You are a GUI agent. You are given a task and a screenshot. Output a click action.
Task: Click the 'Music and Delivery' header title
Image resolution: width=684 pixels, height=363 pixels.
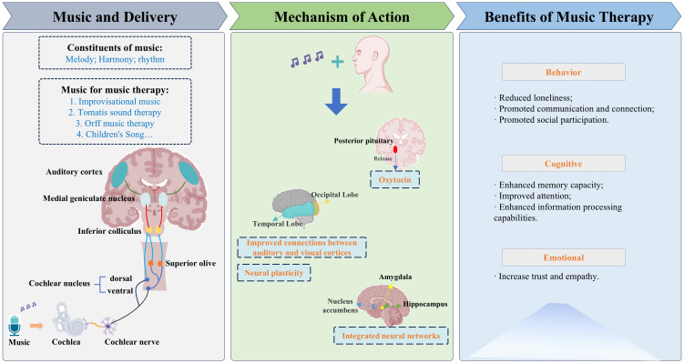coord(115,17)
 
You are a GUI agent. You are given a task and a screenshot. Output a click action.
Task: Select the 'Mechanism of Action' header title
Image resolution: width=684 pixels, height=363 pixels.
coord(342,17)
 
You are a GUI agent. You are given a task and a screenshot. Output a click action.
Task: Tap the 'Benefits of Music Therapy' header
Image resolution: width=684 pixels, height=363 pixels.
coord(569,17)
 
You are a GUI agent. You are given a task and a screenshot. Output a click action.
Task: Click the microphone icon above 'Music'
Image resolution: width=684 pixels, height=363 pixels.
coord(15,326)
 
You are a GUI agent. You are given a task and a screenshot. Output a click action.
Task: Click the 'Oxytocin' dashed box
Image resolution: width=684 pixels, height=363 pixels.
coord(394,179)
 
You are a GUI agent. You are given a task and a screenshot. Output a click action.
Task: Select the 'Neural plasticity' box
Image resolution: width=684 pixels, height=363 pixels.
coord(273,273)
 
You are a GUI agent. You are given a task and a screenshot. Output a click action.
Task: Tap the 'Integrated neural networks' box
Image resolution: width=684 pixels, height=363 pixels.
coord(391,336)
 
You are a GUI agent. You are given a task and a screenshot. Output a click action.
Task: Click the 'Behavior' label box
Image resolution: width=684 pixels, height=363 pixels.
coord(564,73)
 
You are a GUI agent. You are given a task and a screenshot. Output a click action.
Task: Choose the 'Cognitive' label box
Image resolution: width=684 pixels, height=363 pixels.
coord(564,164)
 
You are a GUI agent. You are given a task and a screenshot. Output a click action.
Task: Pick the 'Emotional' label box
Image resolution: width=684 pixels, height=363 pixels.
coord(564,257)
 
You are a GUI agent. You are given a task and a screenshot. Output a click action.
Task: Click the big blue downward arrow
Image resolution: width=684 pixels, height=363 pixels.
coord(336,102)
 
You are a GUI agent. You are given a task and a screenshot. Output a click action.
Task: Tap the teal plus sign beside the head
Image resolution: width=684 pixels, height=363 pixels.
coord(337,62)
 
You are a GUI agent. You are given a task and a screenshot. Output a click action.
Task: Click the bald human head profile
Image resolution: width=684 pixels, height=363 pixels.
coord(373,64)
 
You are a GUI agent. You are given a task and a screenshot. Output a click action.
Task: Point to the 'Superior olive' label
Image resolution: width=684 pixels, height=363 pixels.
coord(190,264)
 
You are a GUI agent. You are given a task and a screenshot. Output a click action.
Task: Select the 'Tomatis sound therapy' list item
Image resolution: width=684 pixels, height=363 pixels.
coord(115,113)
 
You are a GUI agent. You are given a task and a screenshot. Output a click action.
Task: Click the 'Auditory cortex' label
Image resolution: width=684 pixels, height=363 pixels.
coord(74,172)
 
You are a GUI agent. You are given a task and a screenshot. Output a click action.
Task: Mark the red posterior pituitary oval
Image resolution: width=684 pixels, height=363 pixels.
coord(395,149)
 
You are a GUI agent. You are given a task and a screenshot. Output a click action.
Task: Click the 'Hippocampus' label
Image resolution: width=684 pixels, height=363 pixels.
coord(425,304)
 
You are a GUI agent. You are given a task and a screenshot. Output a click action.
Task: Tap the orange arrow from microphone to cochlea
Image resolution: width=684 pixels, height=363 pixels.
coord(37,326)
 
